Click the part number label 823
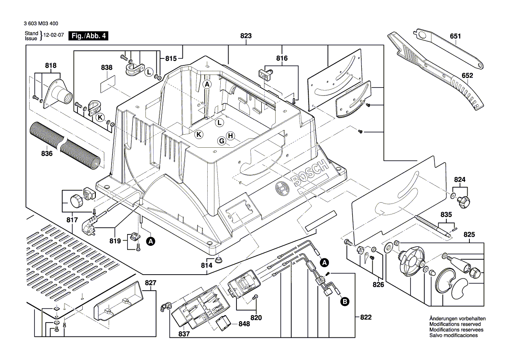246,37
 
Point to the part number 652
467,75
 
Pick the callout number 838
106,68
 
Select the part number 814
206,265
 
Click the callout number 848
244,324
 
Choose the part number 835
446,215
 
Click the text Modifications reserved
455,324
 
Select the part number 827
150,283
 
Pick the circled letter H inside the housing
230,136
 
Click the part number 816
282,58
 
